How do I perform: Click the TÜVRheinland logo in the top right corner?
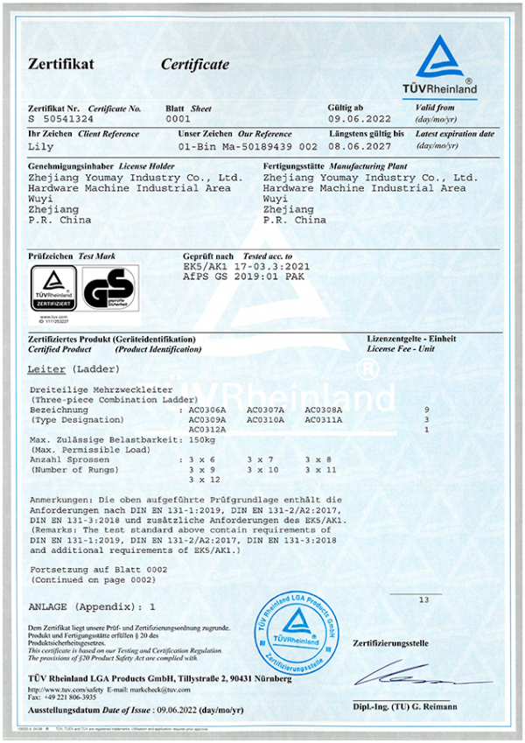pyautogui.click(x=446, y=65)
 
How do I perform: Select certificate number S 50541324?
pyautogui.click(x=59, y=118)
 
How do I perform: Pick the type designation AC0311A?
pyautogui.click(x=324, y=420)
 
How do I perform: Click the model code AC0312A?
pyautogui.click(x=207, y=430)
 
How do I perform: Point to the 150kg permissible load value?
pyautogui.click(x=203, y=450)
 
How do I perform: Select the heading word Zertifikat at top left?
pyautogui.click(x=60, y=64)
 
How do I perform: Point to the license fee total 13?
pyautogui.click(x=424, y=599)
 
